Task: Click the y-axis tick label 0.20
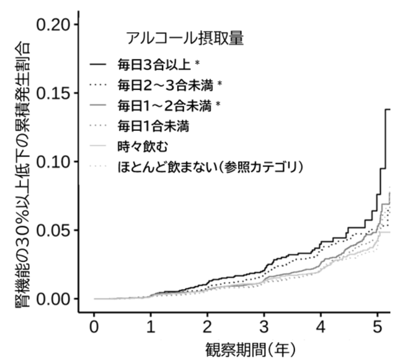point(53,25)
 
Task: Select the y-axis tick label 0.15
point(53,93)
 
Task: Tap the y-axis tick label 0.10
point(53,161)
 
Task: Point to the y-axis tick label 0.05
point(53,230)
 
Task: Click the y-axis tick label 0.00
point(53,299)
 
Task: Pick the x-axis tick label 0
point(94,327)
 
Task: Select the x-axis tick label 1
point(151,327)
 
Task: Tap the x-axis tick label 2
point(208,327)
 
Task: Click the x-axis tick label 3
point(264,327)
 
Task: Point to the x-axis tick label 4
point(321,327)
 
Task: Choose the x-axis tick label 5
point(378,327)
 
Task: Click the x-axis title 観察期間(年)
point(250,350)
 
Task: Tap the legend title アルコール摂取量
point(185,38)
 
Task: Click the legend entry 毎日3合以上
point(154,65)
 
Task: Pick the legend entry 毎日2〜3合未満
point(166,85)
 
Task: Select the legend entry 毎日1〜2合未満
point(165,106)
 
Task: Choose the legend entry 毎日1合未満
point(153,127)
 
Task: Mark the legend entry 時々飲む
point(143,147)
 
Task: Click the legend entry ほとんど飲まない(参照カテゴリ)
point(210,167)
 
